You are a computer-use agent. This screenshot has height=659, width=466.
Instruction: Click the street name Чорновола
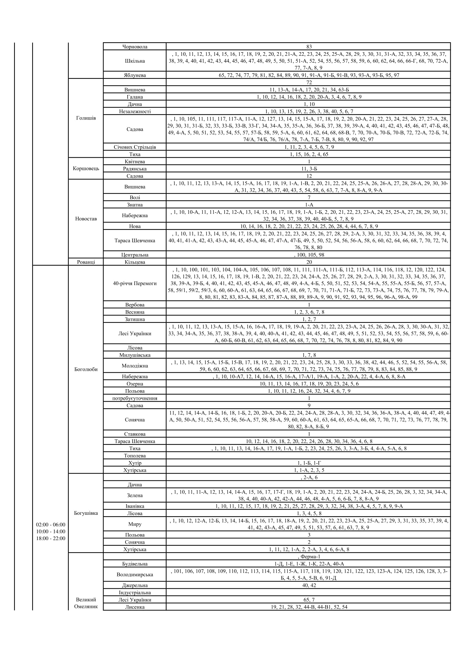pyautogui.click(x=135, y=46)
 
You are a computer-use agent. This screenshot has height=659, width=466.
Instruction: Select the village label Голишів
pyautogui.click(x=86, y=118)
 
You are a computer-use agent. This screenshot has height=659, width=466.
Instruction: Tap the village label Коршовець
pyautogui.click(x=86, y=168)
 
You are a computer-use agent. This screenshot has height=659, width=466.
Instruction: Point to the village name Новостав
pyautogui.click(x=86, y=219)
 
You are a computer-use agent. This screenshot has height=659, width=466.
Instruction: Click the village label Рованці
pyautogui.click(x=86, y=262)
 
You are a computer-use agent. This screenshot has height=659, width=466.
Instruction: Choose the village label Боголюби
pyautogui.click(x=86, y=369)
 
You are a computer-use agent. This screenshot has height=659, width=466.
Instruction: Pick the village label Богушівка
pyautogui.click(x=86, y=513)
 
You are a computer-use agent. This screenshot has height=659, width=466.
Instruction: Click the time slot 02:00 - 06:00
pyautogui.click(x=50, y=524)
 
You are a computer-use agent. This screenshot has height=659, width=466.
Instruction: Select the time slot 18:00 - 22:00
pyautogui.click(x=50, y=538)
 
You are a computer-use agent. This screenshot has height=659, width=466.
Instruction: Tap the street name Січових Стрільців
pyautogui.click(x=135, y=147)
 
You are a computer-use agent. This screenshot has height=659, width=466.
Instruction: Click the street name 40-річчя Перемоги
pyautogui.click(x=135, y=283)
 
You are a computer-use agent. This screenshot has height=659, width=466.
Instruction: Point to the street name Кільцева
pyautogui.click(x=135, y=262)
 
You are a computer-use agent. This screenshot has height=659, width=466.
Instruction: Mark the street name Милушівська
pyautogui.click(x=135, y=355)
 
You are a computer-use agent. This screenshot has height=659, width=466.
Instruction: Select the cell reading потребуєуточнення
pyautogui.click(x=135, y=398)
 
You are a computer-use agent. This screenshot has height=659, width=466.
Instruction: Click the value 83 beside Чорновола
pyautogui.click(x=309, y=46)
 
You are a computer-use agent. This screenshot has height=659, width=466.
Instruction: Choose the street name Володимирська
pyautogui.click(x=135, y=574)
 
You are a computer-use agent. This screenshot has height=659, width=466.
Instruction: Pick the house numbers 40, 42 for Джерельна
pyautogui.click(x=309, y=585)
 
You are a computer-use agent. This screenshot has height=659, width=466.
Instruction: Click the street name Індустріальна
pyautogui.click(x=135, y=593)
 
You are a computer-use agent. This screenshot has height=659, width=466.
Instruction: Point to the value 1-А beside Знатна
pyautogui.click(x=309, y=205)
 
